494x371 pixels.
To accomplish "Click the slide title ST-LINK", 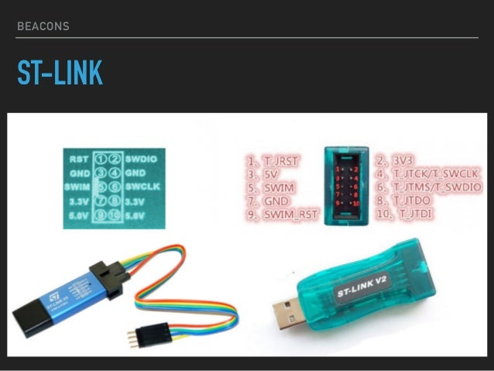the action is tap(60, 74).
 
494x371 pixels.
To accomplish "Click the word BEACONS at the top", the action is tap(43, 26).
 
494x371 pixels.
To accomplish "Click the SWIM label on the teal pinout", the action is tap(78, 187).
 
